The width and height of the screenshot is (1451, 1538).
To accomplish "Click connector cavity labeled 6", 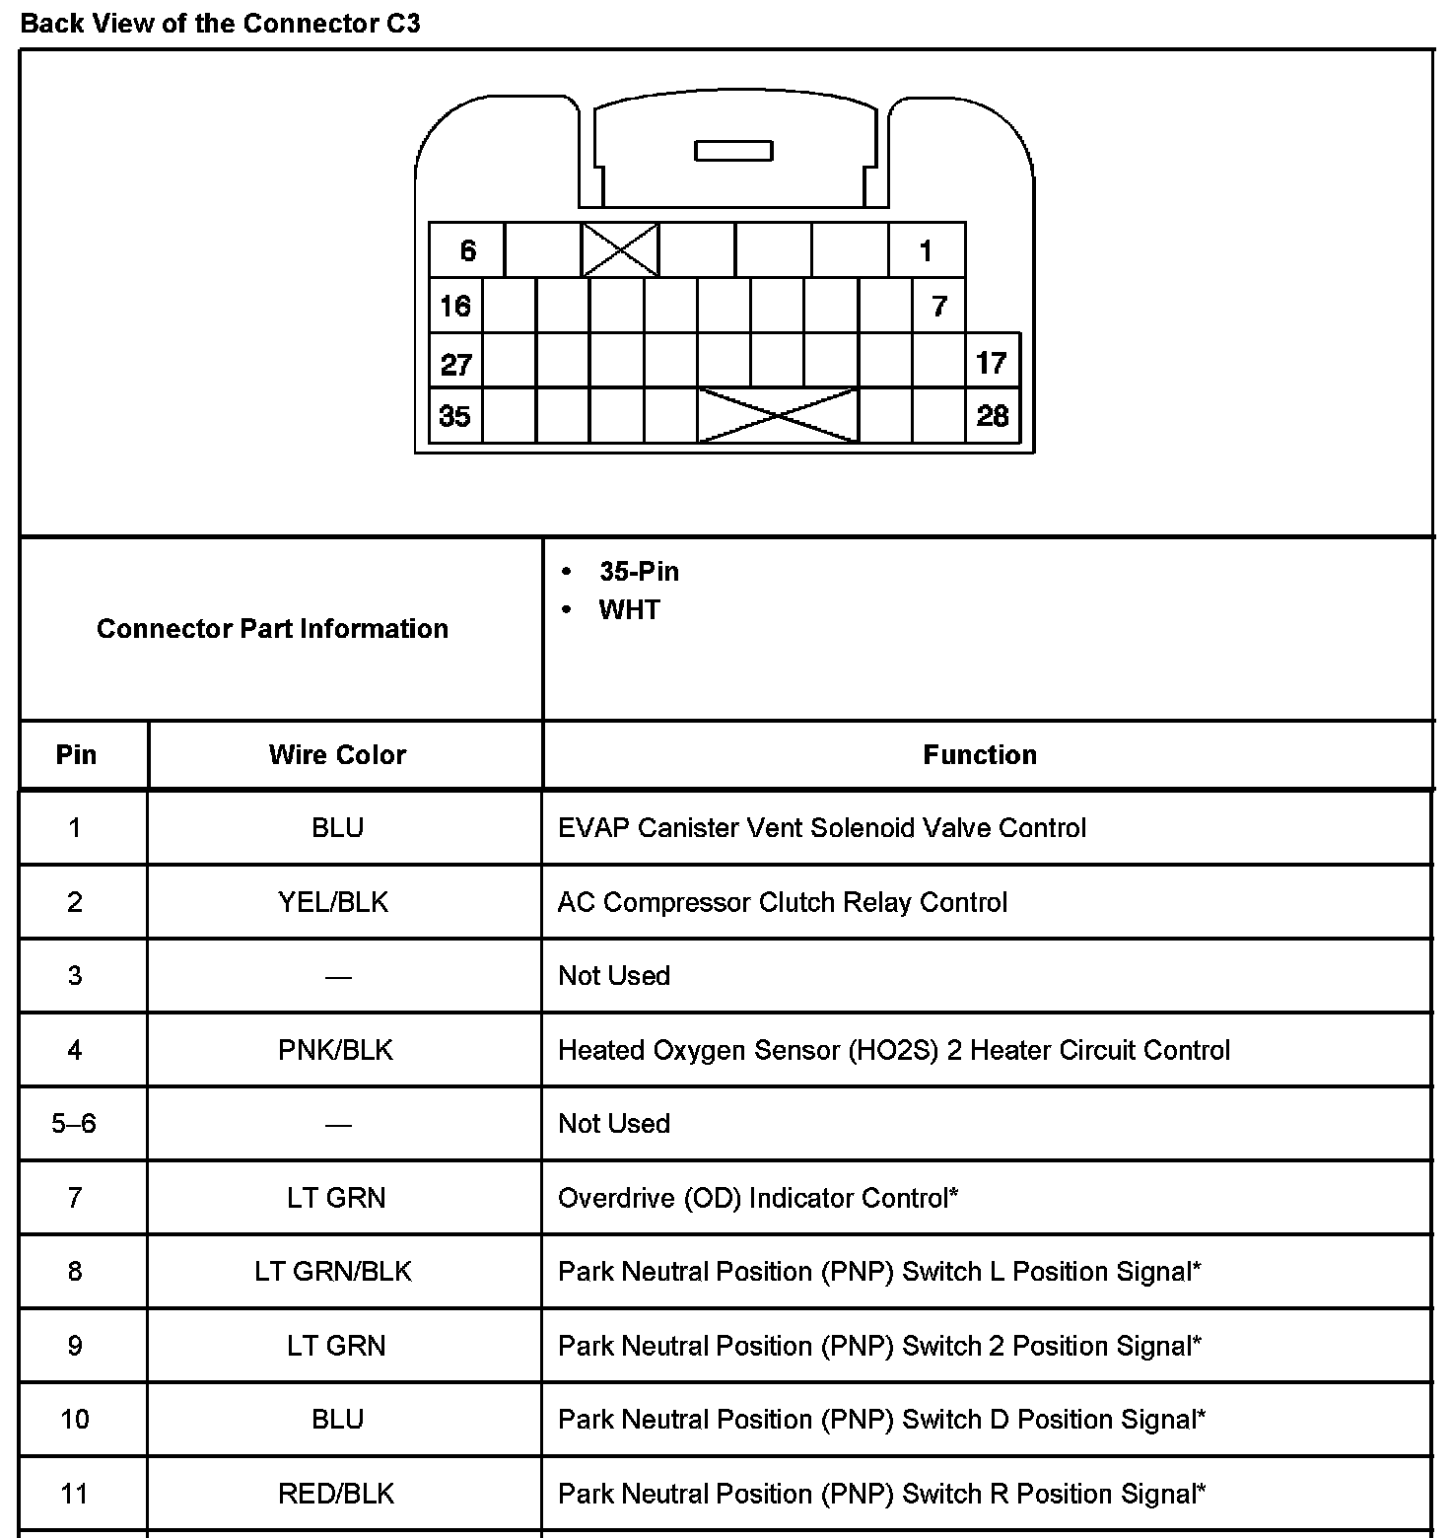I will (467, 250).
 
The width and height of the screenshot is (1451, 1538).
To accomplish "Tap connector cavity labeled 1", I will (926, 250).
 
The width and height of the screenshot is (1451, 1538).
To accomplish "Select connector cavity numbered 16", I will (455, 306).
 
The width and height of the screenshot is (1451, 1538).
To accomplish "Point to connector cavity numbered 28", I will (992, 415).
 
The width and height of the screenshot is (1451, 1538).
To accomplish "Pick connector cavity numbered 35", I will (455, 415).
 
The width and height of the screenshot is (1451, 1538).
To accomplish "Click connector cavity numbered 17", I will (992, 362).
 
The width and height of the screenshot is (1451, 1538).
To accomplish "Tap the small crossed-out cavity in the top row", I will (620, 249).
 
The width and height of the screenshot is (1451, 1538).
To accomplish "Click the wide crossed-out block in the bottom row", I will (778, 415).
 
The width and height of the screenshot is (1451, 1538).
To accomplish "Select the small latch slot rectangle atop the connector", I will (733, 151).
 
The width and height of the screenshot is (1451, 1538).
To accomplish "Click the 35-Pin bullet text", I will (639, 572).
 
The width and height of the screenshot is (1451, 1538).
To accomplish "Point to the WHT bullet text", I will (629, 610).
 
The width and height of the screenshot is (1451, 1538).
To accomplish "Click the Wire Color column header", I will (337, 755).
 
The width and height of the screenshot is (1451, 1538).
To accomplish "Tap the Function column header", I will (980, 755).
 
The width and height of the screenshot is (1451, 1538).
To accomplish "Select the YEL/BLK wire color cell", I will (334, 902).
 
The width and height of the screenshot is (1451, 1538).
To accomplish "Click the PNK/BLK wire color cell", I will (335, 1050).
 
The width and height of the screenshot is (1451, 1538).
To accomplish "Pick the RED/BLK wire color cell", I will (335, 1494).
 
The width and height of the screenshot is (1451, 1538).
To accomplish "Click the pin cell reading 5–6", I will (74, 1124).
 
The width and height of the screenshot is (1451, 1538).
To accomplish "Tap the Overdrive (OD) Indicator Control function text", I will (757, 1198).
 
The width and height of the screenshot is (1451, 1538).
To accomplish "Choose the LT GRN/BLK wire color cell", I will (333, 1272).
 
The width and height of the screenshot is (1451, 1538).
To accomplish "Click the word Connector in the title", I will (310, 24).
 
